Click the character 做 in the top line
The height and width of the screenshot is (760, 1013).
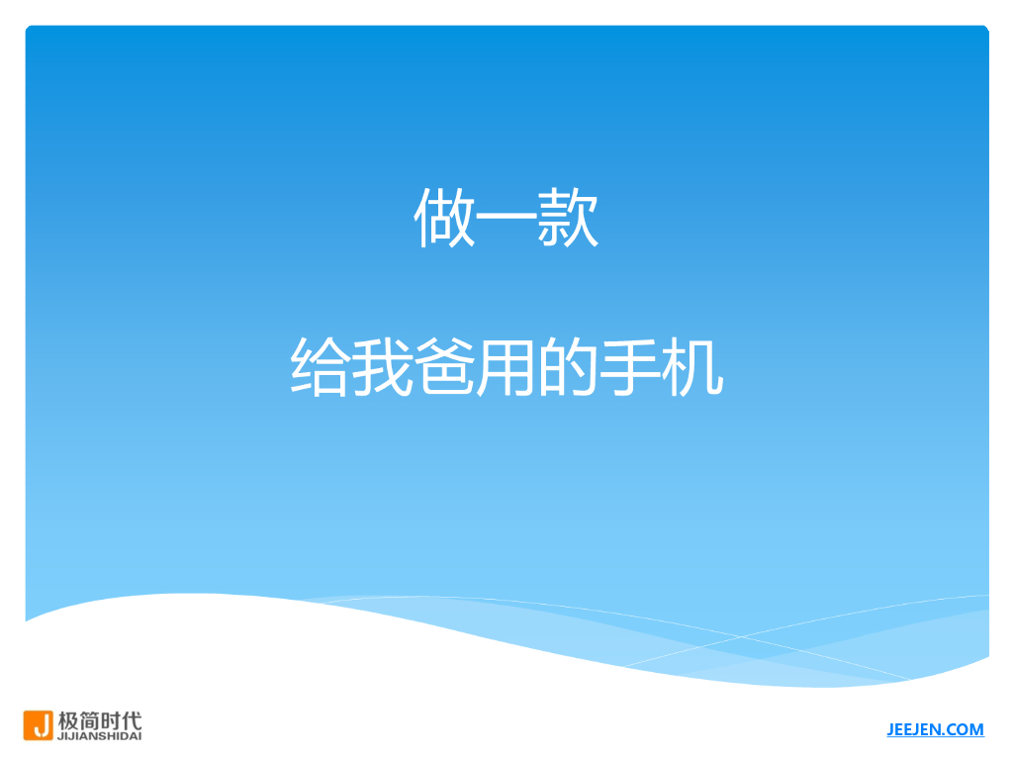tap(444, 219)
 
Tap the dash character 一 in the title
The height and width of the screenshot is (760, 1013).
tap(506, 220)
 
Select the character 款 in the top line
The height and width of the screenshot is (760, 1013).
tap(569, 219)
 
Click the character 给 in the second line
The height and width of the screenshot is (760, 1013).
tap(321, 368)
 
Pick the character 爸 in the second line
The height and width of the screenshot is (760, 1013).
tap(444, 368)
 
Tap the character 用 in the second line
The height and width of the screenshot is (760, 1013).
tap(506, 368)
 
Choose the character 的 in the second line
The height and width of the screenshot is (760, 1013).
tap(569, 368)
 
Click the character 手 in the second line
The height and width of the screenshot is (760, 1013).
tap(630, 368)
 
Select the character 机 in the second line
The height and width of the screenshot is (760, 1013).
tap(692, 368)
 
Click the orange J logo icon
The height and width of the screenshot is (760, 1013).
tap(39, 725)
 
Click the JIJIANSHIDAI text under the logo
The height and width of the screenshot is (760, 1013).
tap(100, 736)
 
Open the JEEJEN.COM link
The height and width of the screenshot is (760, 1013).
tap(935, 730)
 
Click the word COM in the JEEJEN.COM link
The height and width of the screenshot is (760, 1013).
tap(966, 730)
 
